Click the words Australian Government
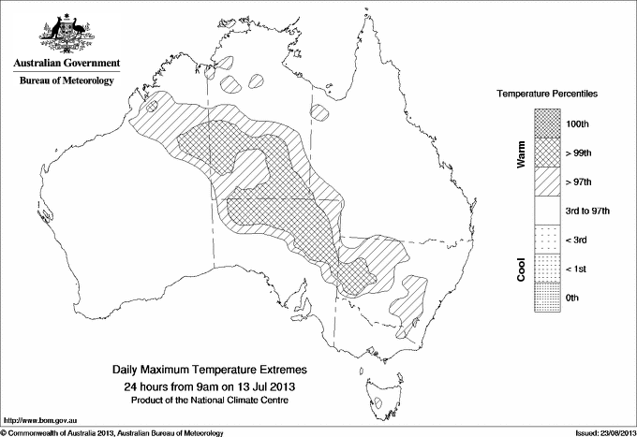(x=66, y=65)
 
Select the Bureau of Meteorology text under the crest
(x=66, y=81)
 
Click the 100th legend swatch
(x=547, y=123)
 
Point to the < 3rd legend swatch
(x=547, y=240)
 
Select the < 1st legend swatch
(x=547, y=269)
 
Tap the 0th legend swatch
(x=547, y=298)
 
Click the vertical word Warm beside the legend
(x=522, y=154)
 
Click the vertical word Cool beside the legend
(x=522, y=269)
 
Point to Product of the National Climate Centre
(x=210, y=400)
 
